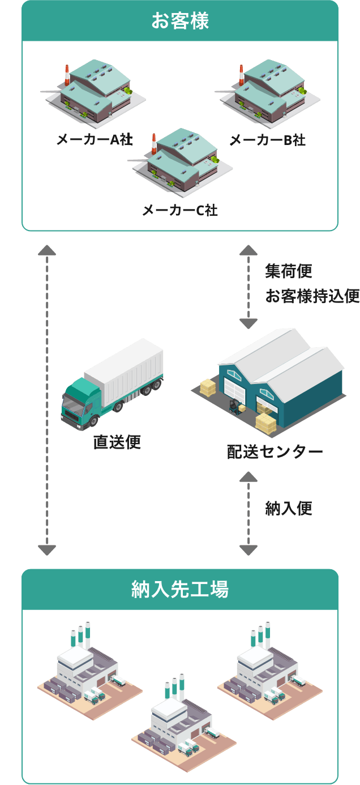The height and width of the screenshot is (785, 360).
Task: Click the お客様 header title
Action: pyautogui.click(x=180, y=20)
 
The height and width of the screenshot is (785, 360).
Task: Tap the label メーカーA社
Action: pyautogui.click(x=95, y=139)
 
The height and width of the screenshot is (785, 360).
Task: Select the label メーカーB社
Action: pyautogui.click(x=268, y=140)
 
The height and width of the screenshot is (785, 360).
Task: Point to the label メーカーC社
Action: pyautogui.click(x=180, y=210)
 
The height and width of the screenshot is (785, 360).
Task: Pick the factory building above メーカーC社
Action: pyautogui.click(x=181, y=161)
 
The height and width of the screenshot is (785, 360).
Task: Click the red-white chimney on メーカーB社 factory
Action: pyautogui.click(x=241, y=75)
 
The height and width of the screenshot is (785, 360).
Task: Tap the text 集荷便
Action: pyautogui.click(x=289, y=271)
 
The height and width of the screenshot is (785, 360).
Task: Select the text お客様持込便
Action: pyautogui.click(x=312, y=296)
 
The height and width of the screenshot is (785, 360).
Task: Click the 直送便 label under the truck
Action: pyautogui.click(x=117, y=442)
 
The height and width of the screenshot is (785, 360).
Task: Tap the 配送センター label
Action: pyautogui.click(x=275, y=452)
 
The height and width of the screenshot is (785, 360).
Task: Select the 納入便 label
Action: pyautogui.click(x=289, y=509)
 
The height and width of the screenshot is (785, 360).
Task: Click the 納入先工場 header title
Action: pyautogui.click(x=180, y=589)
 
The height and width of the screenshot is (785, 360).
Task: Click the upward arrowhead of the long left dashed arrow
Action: pyautogui.click(x=47, y=250)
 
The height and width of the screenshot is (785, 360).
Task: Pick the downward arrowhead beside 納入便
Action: pyautogui.click(x=248, y=550)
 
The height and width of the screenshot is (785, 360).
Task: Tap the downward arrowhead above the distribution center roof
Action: pyautogui.click(x=248, y=324)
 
